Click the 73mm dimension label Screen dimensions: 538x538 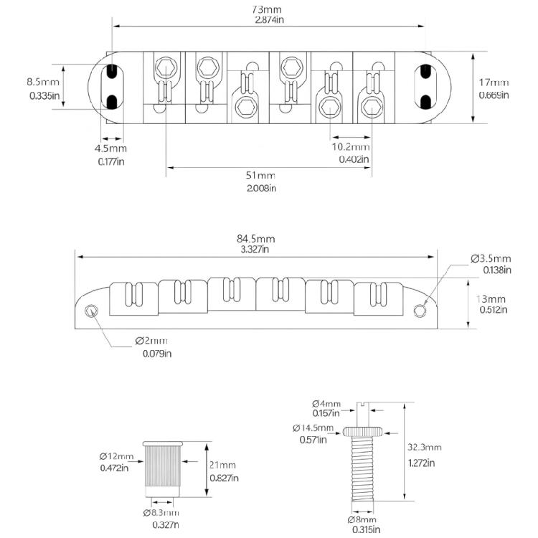coord(266,9)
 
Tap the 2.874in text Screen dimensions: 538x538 coord(269,20)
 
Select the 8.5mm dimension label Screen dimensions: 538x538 coord(43,82)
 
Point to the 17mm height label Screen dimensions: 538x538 coord(494,82)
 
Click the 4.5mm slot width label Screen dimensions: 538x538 coord(110,148)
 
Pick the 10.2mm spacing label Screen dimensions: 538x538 coord(351,147)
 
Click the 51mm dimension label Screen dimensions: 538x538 coord(260,175)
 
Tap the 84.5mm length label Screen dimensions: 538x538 coord(255,238)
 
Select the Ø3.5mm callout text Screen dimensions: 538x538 coord(491,258)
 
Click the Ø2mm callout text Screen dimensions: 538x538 coord(151,341)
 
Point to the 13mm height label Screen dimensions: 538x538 coord(491,299)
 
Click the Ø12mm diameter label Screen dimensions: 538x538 coord(116,456)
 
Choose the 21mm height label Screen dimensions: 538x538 coord(222,465)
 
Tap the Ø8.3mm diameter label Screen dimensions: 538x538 coord(161,513)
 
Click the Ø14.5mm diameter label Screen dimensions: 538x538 coord(313,428)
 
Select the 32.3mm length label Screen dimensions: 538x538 coord(425,447)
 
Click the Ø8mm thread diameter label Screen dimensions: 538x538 coord(362,519)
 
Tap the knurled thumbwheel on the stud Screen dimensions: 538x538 coord(363,431)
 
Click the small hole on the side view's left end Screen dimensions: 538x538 coord(91,311)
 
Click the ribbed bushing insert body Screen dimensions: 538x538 coord(162,467)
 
